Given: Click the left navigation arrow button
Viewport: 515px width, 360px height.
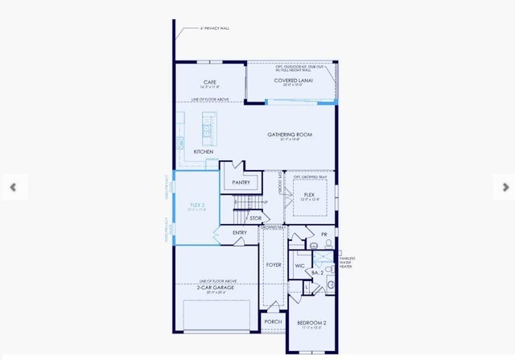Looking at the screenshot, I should click(x=13, y=187).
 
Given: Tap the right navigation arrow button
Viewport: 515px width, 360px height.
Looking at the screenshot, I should click(x=505, y=187).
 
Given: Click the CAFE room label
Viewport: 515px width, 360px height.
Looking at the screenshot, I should click(x=209, y=82).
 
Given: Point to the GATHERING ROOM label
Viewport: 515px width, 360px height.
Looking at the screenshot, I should click(x=290, y=134).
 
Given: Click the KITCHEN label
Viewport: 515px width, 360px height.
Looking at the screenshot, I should click(x=203, y=151).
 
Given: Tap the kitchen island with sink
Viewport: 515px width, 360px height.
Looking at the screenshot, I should click(x=208, y=126).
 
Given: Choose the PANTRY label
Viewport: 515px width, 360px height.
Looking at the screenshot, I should click(x=241, y=183).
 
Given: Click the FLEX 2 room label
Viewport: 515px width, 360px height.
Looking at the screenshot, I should click(x=197, y=205).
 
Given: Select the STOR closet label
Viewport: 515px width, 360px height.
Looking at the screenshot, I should click(x=255, y=218).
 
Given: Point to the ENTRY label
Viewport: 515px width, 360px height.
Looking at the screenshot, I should click(x=240, y=233).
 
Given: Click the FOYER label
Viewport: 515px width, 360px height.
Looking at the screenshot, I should click(x=274, y=263).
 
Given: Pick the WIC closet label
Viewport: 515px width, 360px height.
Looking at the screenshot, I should click(x=299, y=263).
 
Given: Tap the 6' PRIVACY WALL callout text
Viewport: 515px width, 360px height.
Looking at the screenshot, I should click(x=215, y=28).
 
